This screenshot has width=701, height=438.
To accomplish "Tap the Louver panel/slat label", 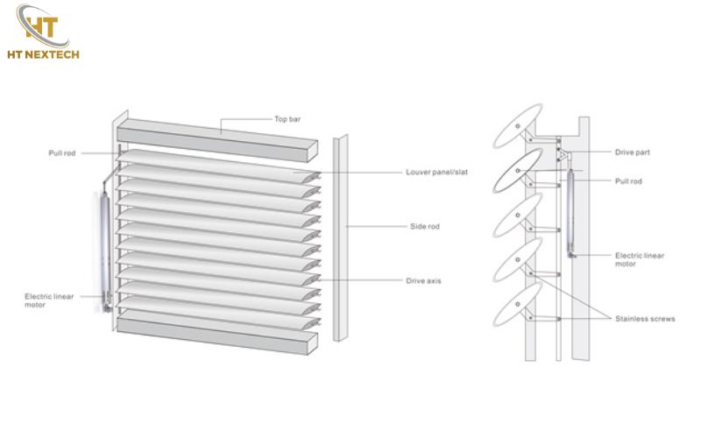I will (x=436, y=172).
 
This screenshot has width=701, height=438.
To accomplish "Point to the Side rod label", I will (x=424, y=226).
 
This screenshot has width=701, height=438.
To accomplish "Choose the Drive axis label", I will (x=424, y=280).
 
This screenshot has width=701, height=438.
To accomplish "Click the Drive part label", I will (x=632, y=152).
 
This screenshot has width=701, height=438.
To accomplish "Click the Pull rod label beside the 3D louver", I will (x=62, y=153).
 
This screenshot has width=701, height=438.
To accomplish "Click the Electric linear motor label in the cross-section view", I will (x=639, y=259).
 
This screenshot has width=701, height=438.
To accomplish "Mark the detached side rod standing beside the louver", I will (x=340, y=237).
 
